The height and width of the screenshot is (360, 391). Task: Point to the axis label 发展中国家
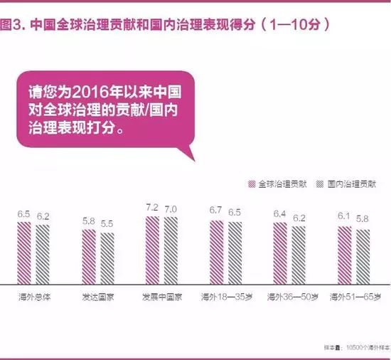click(x=161, y=296)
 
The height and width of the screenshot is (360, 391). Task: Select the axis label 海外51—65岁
click(x=353, y=296)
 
